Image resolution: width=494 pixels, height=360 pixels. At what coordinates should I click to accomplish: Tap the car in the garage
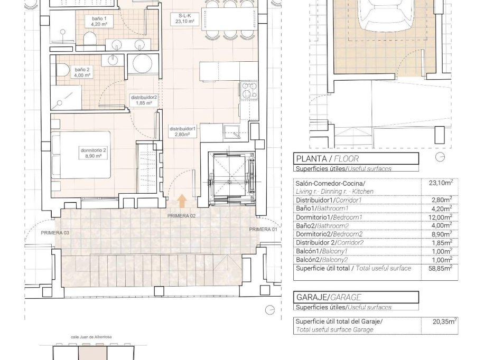tap(385, 18)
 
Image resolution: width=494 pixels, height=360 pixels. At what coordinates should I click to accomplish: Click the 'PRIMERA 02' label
tap(182, 216)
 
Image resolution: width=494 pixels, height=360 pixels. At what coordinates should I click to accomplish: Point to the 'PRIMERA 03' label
tap(55, 232)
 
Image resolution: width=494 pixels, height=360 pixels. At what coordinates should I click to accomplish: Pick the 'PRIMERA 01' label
tap(263, 229)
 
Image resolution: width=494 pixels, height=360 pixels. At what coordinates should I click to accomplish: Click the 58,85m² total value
tap(441, 269)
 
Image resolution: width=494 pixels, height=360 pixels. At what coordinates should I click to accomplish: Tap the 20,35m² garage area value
tap(442, 321)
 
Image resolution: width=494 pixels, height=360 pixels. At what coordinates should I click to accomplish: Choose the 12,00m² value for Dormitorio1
tap(441, 217)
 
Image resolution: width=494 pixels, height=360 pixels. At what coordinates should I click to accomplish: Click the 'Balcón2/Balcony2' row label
tap(321, 260)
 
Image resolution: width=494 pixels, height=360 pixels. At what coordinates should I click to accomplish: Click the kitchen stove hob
tap(248, 90)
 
